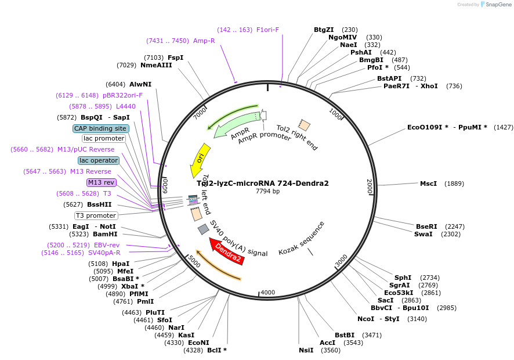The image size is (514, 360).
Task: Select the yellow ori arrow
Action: [x=200, y=159]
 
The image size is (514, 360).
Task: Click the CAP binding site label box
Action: [x=100, y=128]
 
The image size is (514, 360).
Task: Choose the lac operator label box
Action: [x=99, y=160]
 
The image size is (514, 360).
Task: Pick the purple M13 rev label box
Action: [x=102, y=182]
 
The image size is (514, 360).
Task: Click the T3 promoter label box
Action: [x=96, y=215]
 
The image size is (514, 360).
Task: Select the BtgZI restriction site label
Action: [x=324, y=30]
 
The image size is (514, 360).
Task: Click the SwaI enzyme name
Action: [x=423, y=234]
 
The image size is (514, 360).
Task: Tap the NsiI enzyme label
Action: [x=306, y=350]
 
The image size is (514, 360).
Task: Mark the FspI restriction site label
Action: [x=175, y=57]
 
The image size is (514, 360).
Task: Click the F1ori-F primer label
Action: [x=267, y=30]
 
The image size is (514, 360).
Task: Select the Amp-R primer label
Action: [x=204, y=41]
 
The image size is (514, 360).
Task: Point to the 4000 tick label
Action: [x=267, y=292]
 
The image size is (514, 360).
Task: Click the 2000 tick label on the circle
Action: [x=369, y=186]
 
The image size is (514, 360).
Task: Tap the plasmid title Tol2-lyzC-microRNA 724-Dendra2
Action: [x=263, y=183]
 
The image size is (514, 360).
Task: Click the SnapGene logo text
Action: [x=498, y=5]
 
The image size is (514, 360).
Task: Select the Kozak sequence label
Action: [x=302, y=238]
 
